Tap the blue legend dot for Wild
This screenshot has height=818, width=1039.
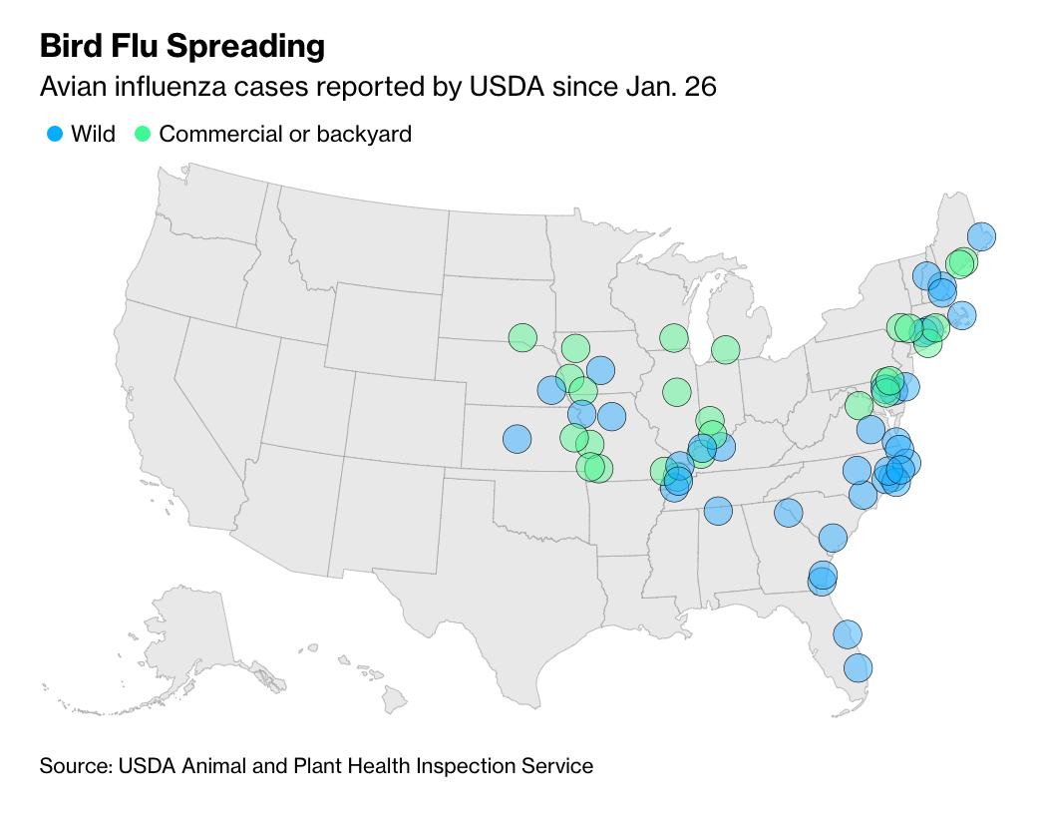(55, 134)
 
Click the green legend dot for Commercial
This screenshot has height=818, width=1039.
(143, 134)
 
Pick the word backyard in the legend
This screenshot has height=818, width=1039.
(364, 134)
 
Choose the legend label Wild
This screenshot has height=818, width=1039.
(93, 134)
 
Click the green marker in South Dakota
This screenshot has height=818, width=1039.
(522, 337)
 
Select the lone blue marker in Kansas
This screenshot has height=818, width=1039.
(517, 438)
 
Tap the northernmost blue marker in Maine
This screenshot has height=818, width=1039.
(981, 236)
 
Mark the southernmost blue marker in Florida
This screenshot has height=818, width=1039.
(858, 667)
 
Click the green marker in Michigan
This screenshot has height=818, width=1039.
(725, 349)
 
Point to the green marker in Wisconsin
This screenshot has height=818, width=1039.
(674, 337)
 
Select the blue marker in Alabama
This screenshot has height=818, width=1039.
(718, 512)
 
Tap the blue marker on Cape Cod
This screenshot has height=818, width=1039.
(961, 315)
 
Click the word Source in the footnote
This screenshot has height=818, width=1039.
(75, 766)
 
